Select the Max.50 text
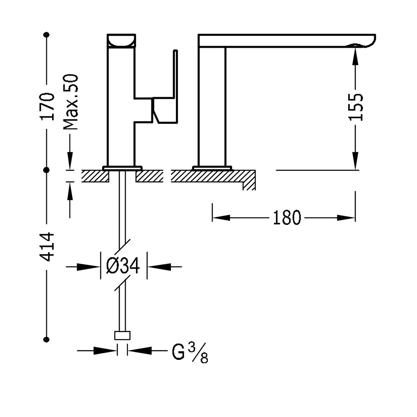[71, 102]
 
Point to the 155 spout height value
[355, 107]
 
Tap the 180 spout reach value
[287, 218]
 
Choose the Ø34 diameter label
[123, 266]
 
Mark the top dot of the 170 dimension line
[47, 34]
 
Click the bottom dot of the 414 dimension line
[47, 339]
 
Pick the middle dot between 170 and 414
[47, 170]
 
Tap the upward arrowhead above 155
[355, 56]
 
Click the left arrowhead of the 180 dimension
[221, 218]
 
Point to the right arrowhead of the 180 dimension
[347, 218]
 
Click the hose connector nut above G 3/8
[122, 336]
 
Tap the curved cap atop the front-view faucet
[121, 40]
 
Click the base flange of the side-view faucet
[212, 168]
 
